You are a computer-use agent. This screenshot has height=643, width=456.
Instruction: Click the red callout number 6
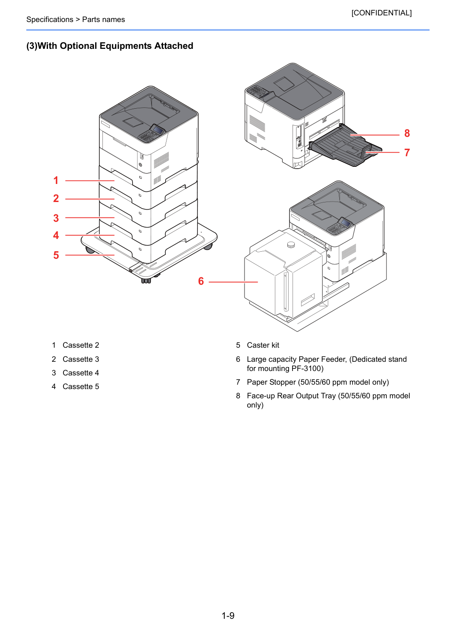[201, 281]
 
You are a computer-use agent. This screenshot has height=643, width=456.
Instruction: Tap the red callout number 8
[407, 133]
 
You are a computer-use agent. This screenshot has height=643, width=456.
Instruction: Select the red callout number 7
[407, 152]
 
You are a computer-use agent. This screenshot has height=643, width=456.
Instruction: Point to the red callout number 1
[56, 180]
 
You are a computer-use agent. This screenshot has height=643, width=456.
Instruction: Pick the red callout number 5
[56, 255]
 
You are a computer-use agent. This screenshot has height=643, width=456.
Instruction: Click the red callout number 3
[56, 218]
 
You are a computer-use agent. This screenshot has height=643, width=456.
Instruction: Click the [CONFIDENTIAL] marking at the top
[381, 13]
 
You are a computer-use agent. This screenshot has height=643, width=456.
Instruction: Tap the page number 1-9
[228, 615]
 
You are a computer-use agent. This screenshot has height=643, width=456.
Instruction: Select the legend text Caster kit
[263, 345]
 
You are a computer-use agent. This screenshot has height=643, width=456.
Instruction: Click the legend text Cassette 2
[81, 345]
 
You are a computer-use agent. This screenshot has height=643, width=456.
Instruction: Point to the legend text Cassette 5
[81, 386]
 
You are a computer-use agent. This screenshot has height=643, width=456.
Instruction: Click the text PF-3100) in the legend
[308, 368]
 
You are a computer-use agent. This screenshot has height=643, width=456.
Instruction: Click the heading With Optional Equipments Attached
[115, 46]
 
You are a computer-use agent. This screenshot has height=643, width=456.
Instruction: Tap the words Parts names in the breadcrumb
[104, 19]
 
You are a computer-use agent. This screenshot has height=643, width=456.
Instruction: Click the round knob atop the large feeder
[291, 245]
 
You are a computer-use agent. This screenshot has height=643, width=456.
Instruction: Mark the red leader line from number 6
[233, 282]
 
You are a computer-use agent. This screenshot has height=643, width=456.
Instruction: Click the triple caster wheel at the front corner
[146, 280]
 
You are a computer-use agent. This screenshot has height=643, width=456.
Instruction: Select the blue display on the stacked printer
[158, 130]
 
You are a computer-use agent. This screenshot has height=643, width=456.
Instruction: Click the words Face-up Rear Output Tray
[291, 396]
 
